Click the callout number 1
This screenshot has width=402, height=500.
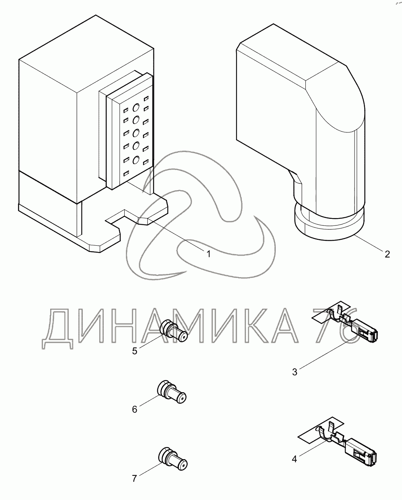pyautogui.click(x=208, y=254)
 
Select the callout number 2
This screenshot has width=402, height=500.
pyautogui.click(x=387, y=254)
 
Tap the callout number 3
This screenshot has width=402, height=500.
pyautogui.click(x=294, y=372)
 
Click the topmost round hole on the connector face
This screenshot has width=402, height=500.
pyautogui.click(x=136, y=107)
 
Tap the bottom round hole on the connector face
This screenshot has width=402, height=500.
pyautogui.click(x=136, y=160)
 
